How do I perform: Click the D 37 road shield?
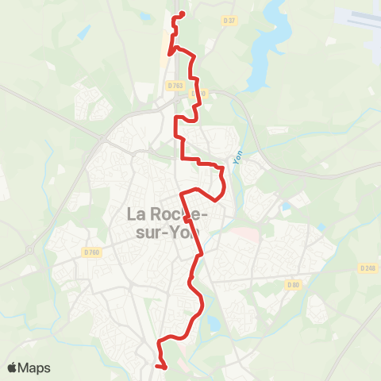(230, 20)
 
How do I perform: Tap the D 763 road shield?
(175, 85)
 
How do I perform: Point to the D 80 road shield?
(294, 284)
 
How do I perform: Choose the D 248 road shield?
(367, 268)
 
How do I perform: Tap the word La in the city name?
(137, 214)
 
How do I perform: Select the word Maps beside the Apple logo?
(36, 368)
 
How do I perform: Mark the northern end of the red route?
(183, 13)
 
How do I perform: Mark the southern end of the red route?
(166, 368)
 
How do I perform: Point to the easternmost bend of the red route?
(224, 184)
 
